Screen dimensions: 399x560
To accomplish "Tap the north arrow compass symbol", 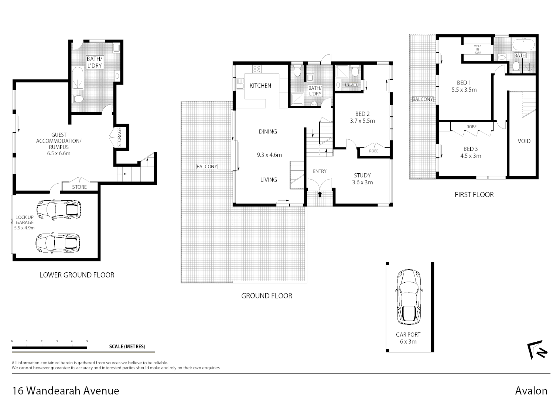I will click(x=537, y=349).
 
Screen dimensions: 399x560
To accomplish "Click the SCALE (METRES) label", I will click(x=127, y=347).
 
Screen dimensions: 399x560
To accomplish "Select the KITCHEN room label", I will click(x=260, y=86).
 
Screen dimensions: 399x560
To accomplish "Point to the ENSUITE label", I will click(x=351, y=85).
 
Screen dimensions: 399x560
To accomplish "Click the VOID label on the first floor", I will click(x=524, y=141).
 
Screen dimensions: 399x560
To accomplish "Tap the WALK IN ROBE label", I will click(x=477, y=50).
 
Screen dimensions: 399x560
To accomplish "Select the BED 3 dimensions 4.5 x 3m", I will click(x=471, y=156).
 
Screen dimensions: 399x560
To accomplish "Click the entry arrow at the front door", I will click(x=320, y=194).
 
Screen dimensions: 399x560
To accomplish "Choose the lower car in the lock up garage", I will click(x=58, y=242).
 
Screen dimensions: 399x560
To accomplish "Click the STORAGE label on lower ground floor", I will click(x=119, y=137).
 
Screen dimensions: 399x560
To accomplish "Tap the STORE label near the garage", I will click(x=79, y=187).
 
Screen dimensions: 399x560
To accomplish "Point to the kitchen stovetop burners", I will click(x=257, y=69).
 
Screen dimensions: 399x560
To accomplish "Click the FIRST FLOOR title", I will click(x=474, y=195).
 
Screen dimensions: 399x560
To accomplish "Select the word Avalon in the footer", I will click(x=531, y=391).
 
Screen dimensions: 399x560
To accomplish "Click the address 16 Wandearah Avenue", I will click(x=66, y=391).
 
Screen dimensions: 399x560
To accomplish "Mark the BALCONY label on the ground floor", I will click(x=207, y=167).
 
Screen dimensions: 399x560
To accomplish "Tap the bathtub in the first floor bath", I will click(x=523, y=45).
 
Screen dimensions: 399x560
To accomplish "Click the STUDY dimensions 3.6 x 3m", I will click(x=362, y=183).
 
